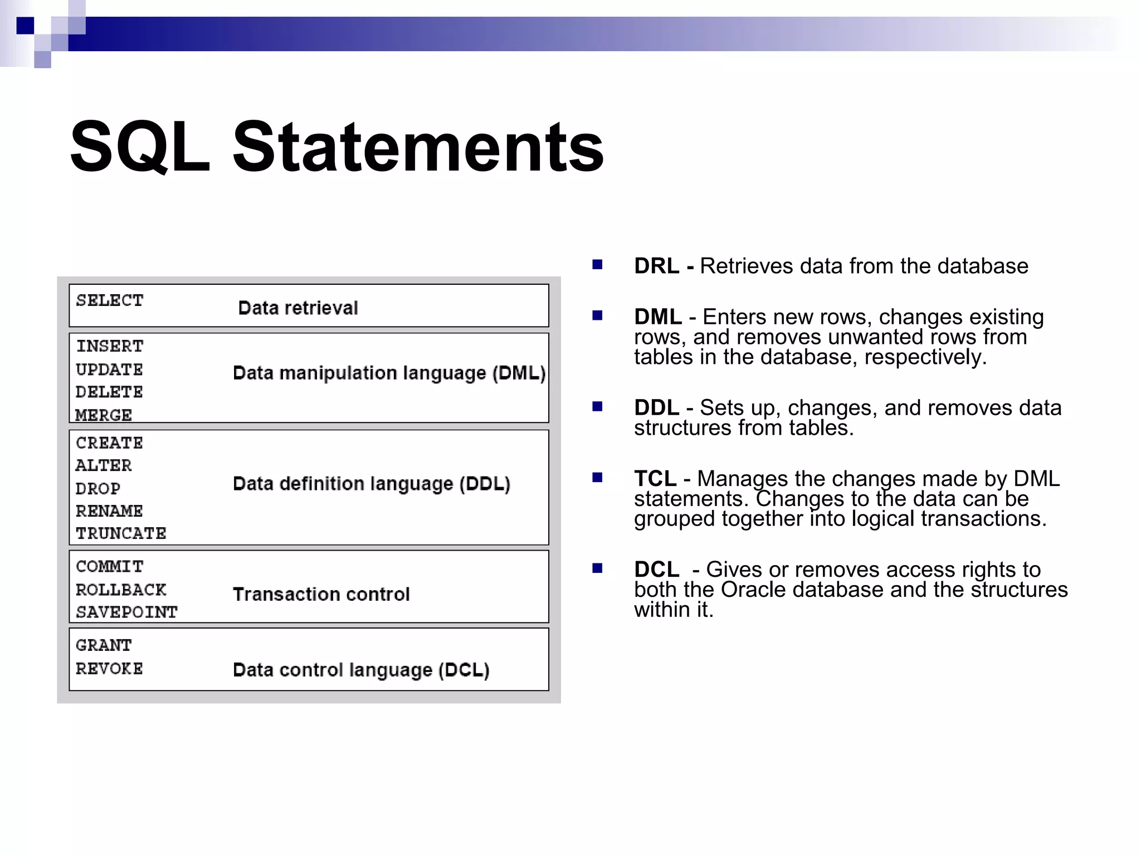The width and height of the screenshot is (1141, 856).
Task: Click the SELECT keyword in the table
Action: click(110, 300)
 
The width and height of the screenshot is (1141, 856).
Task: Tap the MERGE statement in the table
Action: click(104, 415)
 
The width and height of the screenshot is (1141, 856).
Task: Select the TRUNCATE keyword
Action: click(121, 533)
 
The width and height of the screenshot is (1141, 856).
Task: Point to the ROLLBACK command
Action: click(121, 590)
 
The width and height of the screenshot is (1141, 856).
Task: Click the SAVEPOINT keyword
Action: click(126, 612)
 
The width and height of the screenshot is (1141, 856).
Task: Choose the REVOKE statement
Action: click(109, 668)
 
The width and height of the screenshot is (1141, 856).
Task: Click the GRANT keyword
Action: click(104, 645)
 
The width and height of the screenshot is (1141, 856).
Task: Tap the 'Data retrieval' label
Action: click(298, 308)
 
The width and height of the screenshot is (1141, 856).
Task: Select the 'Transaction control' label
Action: click(321, 594)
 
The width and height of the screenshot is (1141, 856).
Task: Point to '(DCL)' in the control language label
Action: click(464, 669)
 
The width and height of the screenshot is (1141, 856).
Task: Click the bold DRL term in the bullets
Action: click(656, 266)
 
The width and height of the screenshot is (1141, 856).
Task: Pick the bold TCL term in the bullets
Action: click(655, 479)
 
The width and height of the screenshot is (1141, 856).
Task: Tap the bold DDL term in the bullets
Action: click(656, 407)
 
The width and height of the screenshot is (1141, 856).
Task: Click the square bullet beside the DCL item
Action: click(597, 568)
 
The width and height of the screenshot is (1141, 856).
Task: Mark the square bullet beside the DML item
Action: click(597, 315)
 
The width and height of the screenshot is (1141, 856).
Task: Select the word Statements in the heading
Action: click(418, 147)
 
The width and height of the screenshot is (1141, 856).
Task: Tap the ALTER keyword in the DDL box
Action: click(104, 465)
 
